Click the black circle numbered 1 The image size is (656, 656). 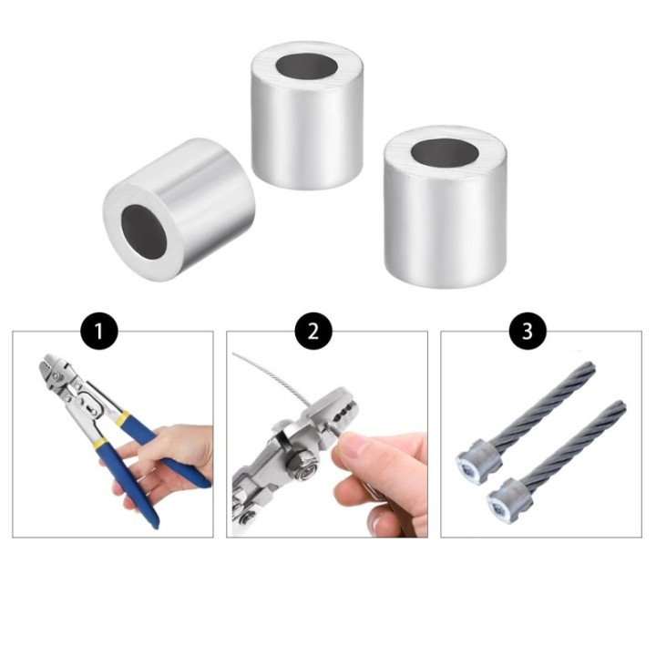click(x=98, y=331)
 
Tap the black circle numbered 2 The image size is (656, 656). click(x=313, y=331)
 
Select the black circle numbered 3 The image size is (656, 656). click(x=528, y=331)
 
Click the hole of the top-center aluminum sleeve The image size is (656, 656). click(x=307, y=67)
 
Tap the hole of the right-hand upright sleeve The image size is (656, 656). click(x=445, y=154)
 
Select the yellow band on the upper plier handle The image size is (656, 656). click(x=123, y=418)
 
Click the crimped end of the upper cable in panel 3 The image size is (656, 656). click(x=477, y=460)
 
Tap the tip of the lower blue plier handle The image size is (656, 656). click(x=152, y=521)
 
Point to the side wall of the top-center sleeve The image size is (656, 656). click(x=307, y=134)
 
